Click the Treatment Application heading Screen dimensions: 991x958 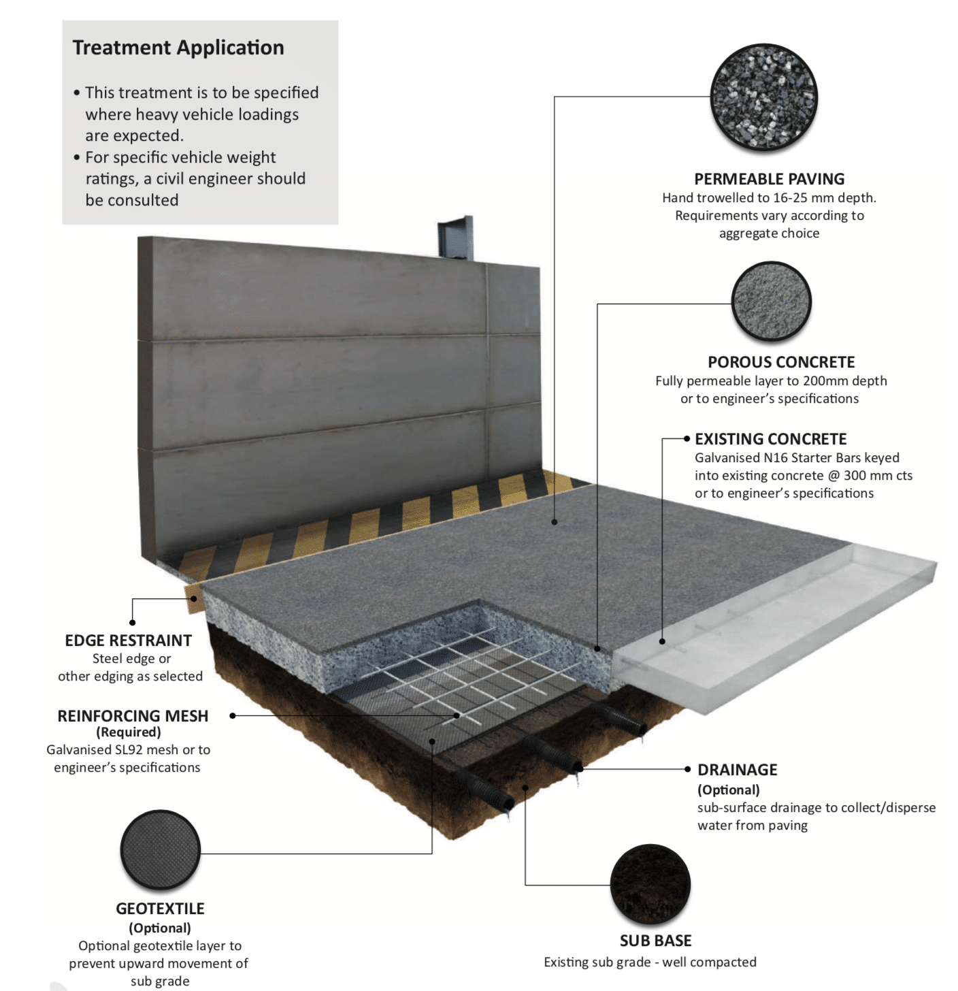pyautogui.click(x=178, y=48)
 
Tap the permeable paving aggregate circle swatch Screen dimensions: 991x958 pyautogui.click(x=763, y=97)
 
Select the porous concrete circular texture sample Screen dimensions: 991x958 pyautogui.click(x=771, y=302)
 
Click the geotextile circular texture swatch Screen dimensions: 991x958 pyautogui.click(x=160, y=850)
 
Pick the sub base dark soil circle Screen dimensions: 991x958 pyautogui.click(x=650, y=885)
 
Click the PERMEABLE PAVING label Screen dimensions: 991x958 pyautogui.click(x=769, y=179)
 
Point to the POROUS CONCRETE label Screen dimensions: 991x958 pyautogui.click(x=781, y=362)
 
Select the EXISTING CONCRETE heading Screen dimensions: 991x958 pyautogui.click(x=770, y=439)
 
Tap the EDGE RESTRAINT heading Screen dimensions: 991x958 pyautogui.click(x=128, y=640)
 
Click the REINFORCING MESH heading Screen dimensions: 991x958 pyautogui.click(x=133, y=716)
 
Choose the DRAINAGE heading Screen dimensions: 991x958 pyautogui.click(x=737, y=770)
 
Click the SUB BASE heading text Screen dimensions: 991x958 pyautogui.click(x=655, y=941)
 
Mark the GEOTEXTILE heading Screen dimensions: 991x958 pyautogui.click(x=160, y=909)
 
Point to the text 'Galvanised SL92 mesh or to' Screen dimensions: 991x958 pyautogui.click(x=128, y=749)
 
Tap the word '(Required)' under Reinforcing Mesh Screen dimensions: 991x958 pyautogui.click(x=128, y=732)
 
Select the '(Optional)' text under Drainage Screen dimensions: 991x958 pyautogui.click(x=728, y=790)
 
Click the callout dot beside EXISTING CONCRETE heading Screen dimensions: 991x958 pyautogui.click(x=687, y=439)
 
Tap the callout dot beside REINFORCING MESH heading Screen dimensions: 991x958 pyautogui.click(x=233, y=716)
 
